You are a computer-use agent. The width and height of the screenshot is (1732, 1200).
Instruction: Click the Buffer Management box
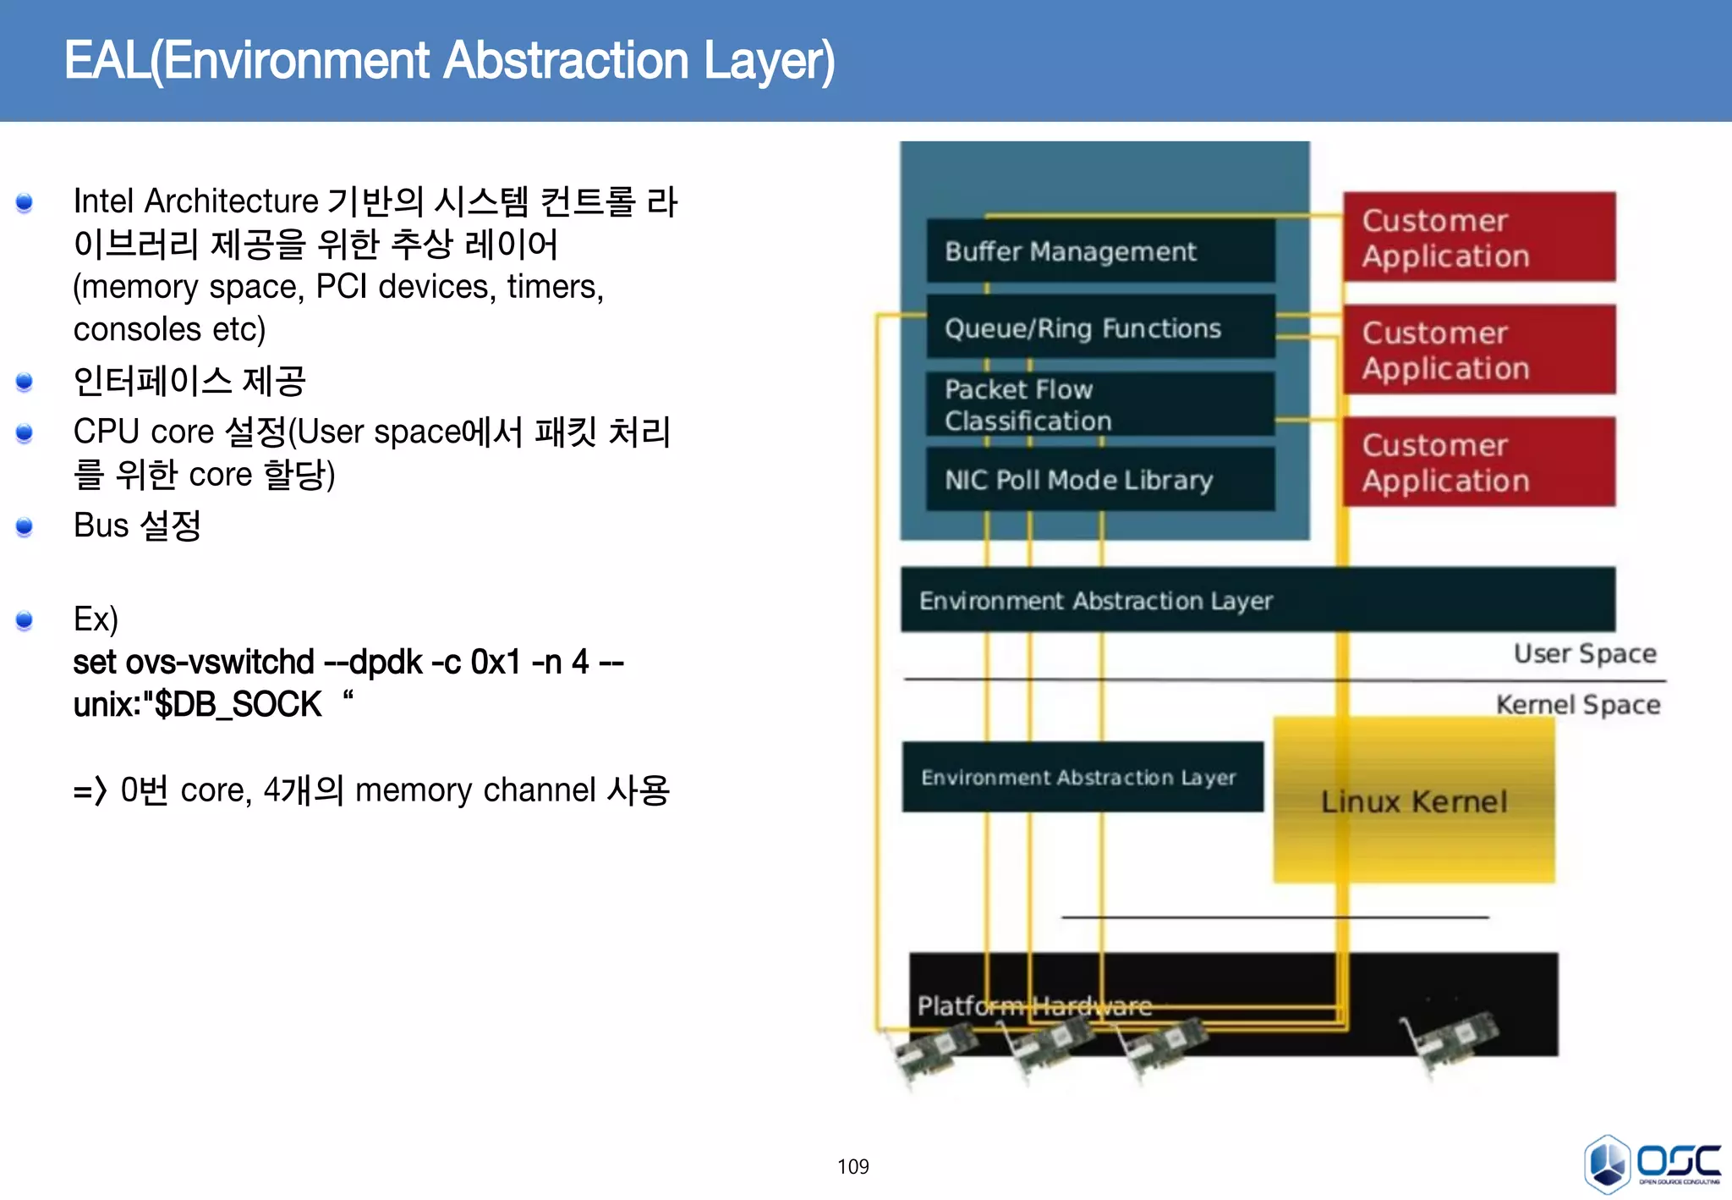click(1099, 251)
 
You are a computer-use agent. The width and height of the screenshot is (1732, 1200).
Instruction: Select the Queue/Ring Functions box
click(1099, 328)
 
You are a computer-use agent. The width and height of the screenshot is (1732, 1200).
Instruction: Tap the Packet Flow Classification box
click(1099, 405)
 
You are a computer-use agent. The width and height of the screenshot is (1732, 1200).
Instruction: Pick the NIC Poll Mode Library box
click(1099, 480)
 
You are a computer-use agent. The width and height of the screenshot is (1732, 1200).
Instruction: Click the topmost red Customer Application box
click(1478, 238)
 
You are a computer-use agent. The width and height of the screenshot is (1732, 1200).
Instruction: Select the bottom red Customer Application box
click(1478, 462)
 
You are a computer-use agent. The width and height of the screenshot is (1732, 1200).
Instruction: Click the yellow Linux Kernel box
click(1414, 801)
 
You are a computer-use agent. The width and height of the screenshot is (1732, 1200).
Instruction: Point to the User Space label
click(1584, 653)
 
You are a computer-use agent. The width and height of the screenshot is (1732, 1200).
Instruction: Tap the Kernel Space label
click(1577, 704)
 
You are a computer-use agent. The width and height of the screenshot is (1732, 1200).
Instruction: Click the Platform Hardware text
click(1033, 1005)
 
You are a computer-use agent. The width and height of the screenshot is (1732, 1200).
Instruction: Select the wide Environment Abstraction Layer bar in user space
click(1257, 600)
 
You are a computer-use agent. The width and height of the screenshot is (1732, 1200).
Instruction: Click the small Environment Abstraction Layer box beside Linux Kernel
click(1082, 777)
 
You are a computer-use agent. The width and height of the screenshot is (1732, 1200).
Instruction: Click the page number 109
click(852, 1166)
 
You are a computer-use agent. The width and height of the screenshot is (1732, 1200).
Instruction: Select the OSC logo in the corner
click(1652, 1164)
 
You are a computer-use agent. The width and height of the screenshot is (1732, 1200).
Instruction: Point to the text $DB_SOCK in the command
click(237, 704)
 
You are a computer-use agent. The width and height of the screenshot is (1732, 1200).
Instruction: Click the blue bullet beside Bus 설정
click(25, 527)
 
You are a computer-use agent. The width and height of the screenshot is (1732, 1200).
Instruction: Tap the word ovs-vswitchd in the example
click(219, 662)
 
